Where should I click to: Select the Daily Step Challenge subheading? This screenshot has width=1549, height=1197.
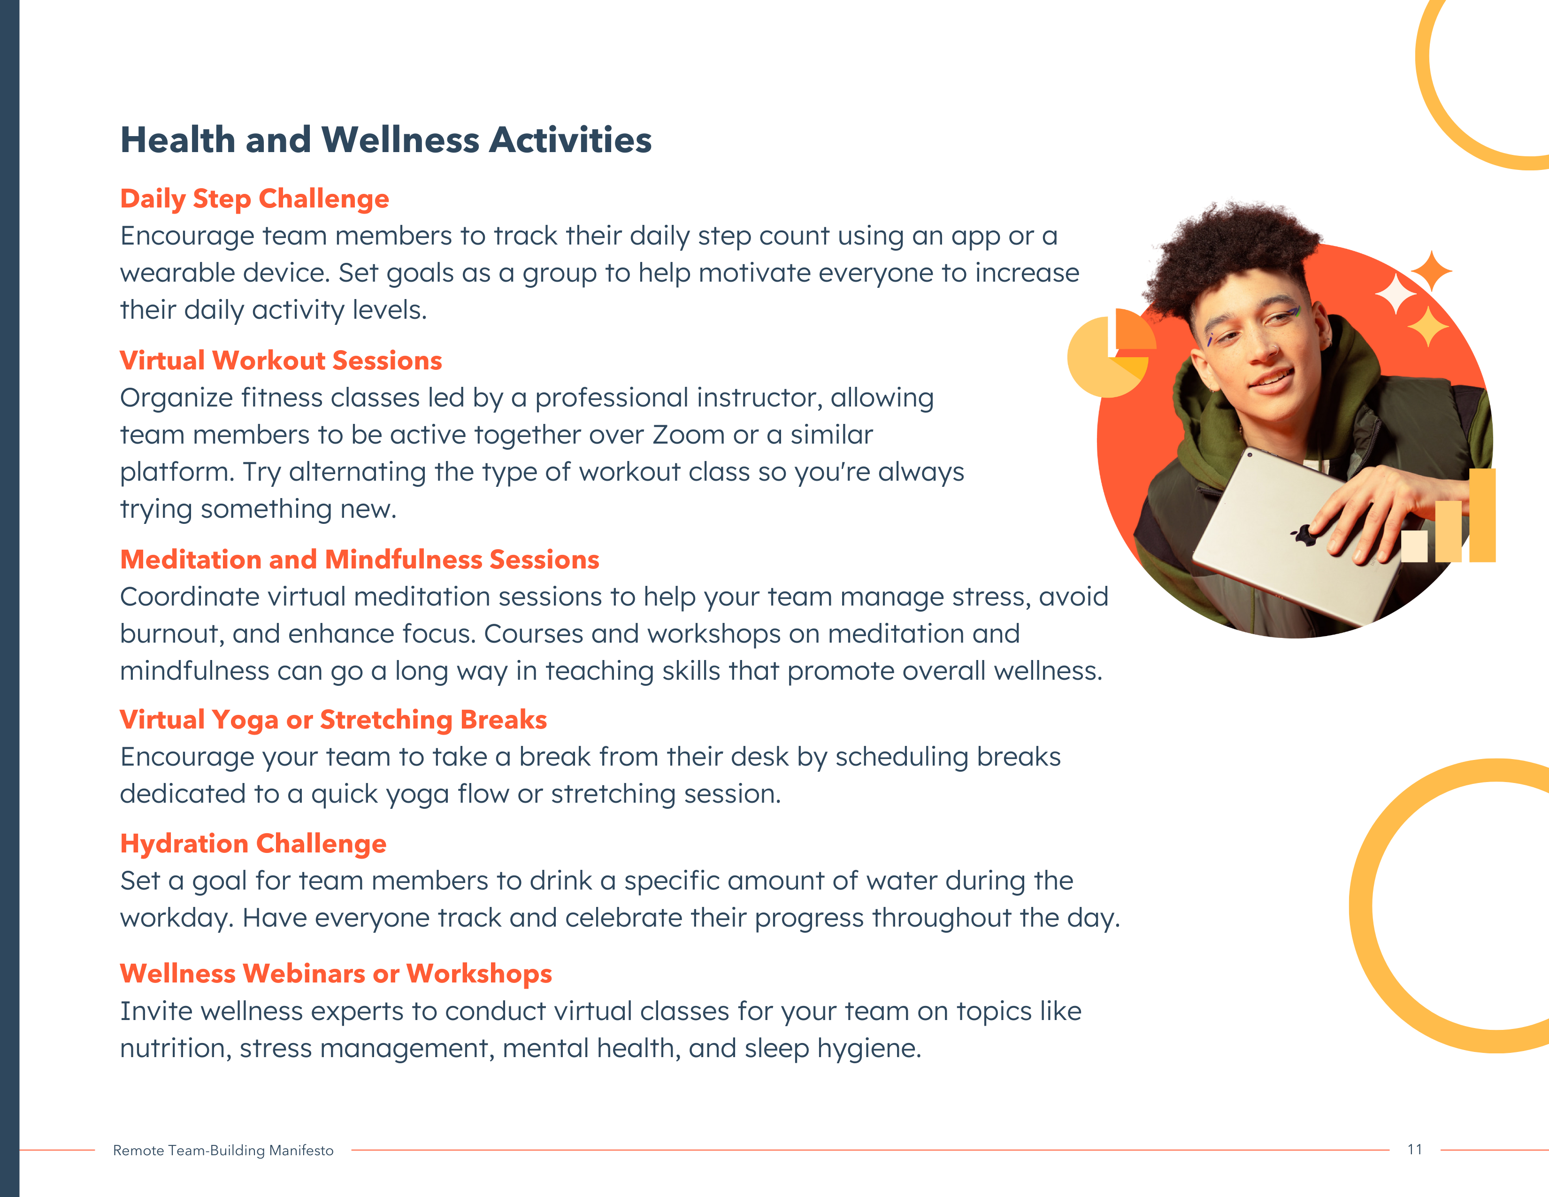pyautogui.click(x=254, y=199)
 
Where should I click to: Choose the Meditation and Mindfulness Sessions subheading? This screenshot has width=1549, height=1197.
pyautogui.click(x=360, y=560)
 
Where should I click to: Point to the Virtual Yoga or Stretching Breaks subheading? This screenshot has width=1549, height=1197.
pyautogui.click(x=333, y=720)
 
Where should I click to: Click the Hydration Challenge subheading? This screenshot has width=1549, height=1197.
pyautogui.click(x=253, y=844)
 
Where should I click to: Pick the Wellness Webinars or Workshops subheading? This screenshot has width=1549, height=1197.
pyautogui.click(x=336, y=974)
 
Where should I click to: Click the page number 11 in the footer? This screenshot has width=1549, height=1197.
pyautogui.click(x=1415, y=1150)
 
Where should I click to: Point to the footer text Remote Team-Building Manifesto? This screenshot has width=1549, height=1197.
pyautogui.click(x=223, y=1150)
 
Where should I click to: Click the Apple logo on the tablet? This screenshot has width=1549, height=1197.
pyautogui.click(x=1304, y=536)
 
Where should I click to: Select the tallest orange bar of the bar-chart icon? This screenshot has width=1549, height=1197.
pyautogui.click(x=1482, y=515)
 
